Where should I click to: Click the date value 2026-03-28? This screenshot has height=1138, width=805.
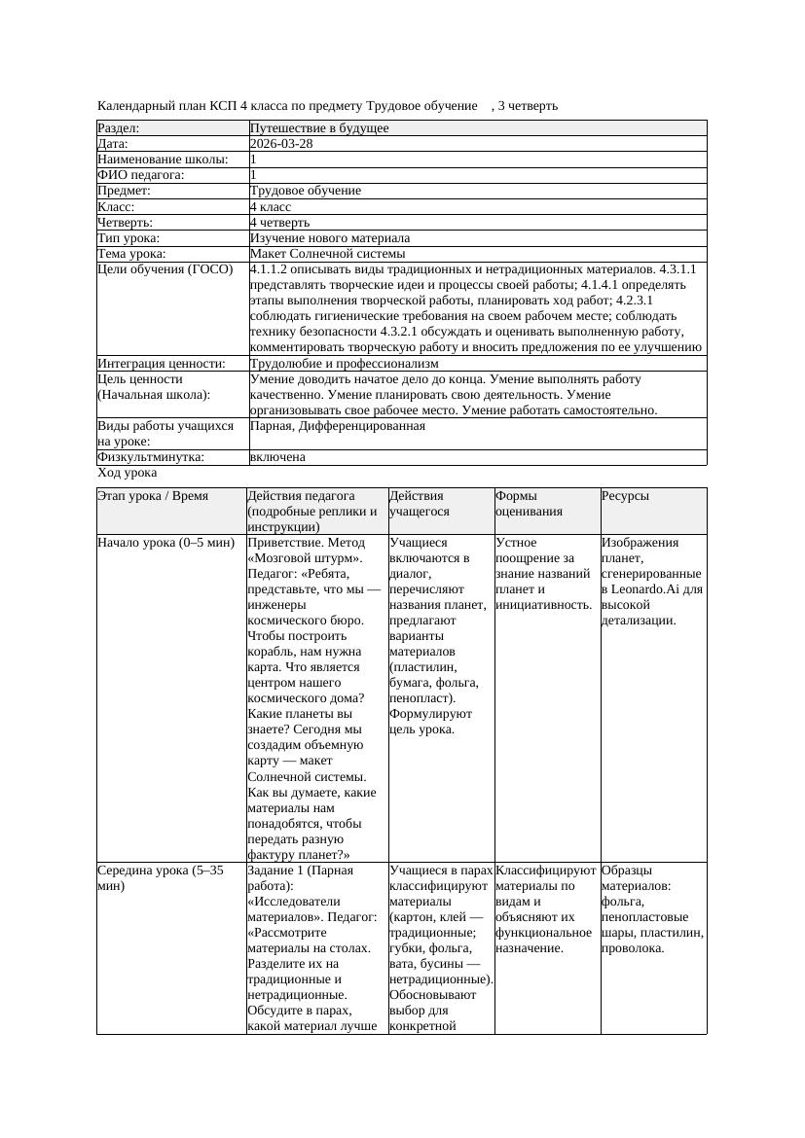(281, 144)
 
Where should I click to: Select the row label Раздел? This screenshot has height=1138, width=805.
(119, 128)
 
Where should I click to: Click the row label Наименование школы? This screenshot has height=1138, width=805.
(163, 160)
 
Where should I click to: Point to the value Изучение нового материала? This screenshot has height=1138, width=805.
(330, 238)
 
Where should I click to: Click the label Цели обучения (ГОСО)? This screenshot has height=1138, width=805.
(165, 269)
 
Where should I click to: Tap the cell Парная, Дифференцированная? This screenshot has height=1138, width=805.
(338, 426)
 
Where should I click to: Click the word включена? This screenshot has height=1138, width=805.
(277, 457)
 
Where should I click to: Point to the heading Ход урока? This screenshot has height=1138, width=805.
(128, 473)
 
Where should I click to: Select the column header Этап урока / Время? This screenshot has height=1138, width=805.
(153, 496)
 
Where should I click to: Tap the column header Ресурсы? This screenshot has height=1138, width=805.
(625, 496)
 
